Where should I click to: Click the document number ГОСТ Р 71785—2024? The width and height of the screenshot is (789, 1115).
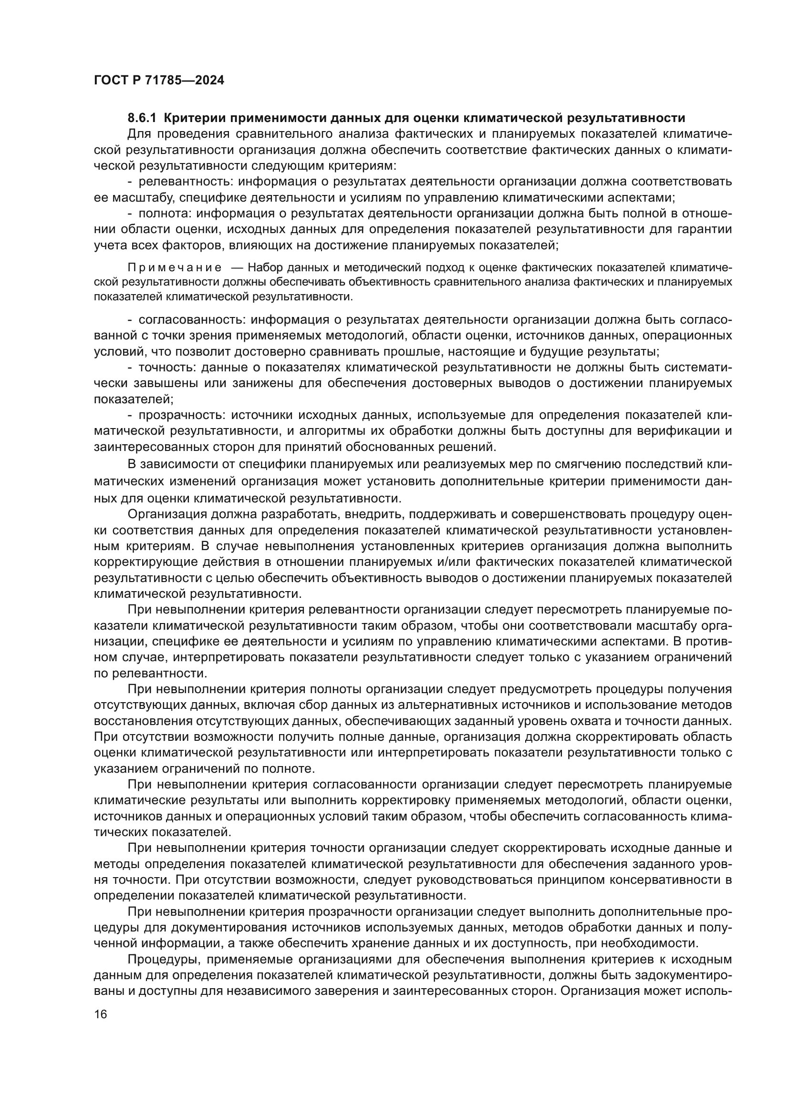[x=159, y=81]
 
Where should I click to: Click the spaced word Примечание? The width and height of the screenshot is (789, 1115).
[x=175, y=267]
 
